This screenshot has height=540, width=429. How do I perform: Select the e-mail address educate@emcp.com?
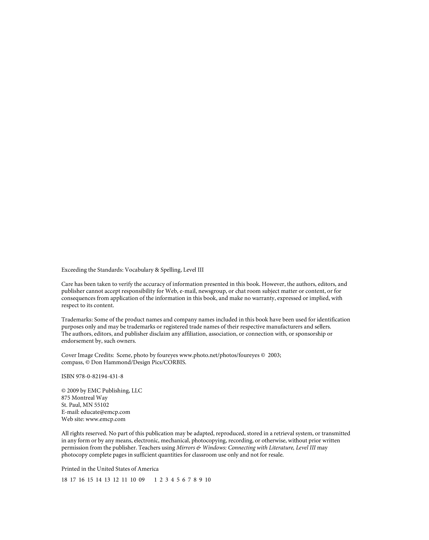tap(105, 412)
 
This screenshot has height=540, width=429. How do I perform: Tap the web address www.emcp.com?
tap(105, 419)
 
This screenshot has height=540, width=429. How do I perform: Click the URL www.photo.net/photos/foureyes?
tap(219, 355)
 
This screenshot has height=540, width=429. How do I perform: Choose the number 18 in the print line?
tap(64, 480)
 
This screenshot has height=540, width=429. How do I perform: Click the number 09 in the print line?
tap(142, 480)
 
